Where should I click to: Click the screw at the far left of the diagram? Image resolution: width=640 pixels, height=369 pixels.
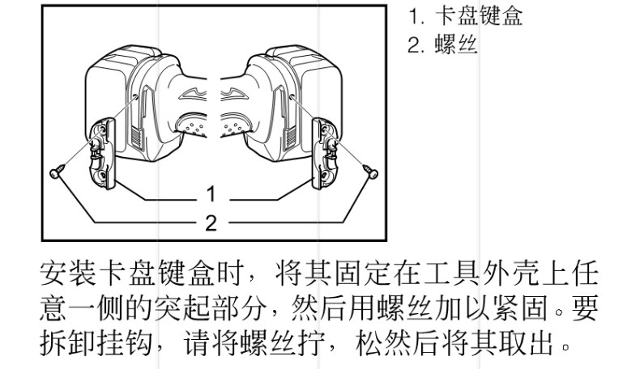56,172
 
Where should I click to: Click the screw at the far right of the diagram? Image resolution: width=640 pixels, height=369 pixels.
372,172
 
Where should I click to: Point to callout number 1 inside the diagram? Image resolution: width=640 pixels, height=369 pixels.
211,194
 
